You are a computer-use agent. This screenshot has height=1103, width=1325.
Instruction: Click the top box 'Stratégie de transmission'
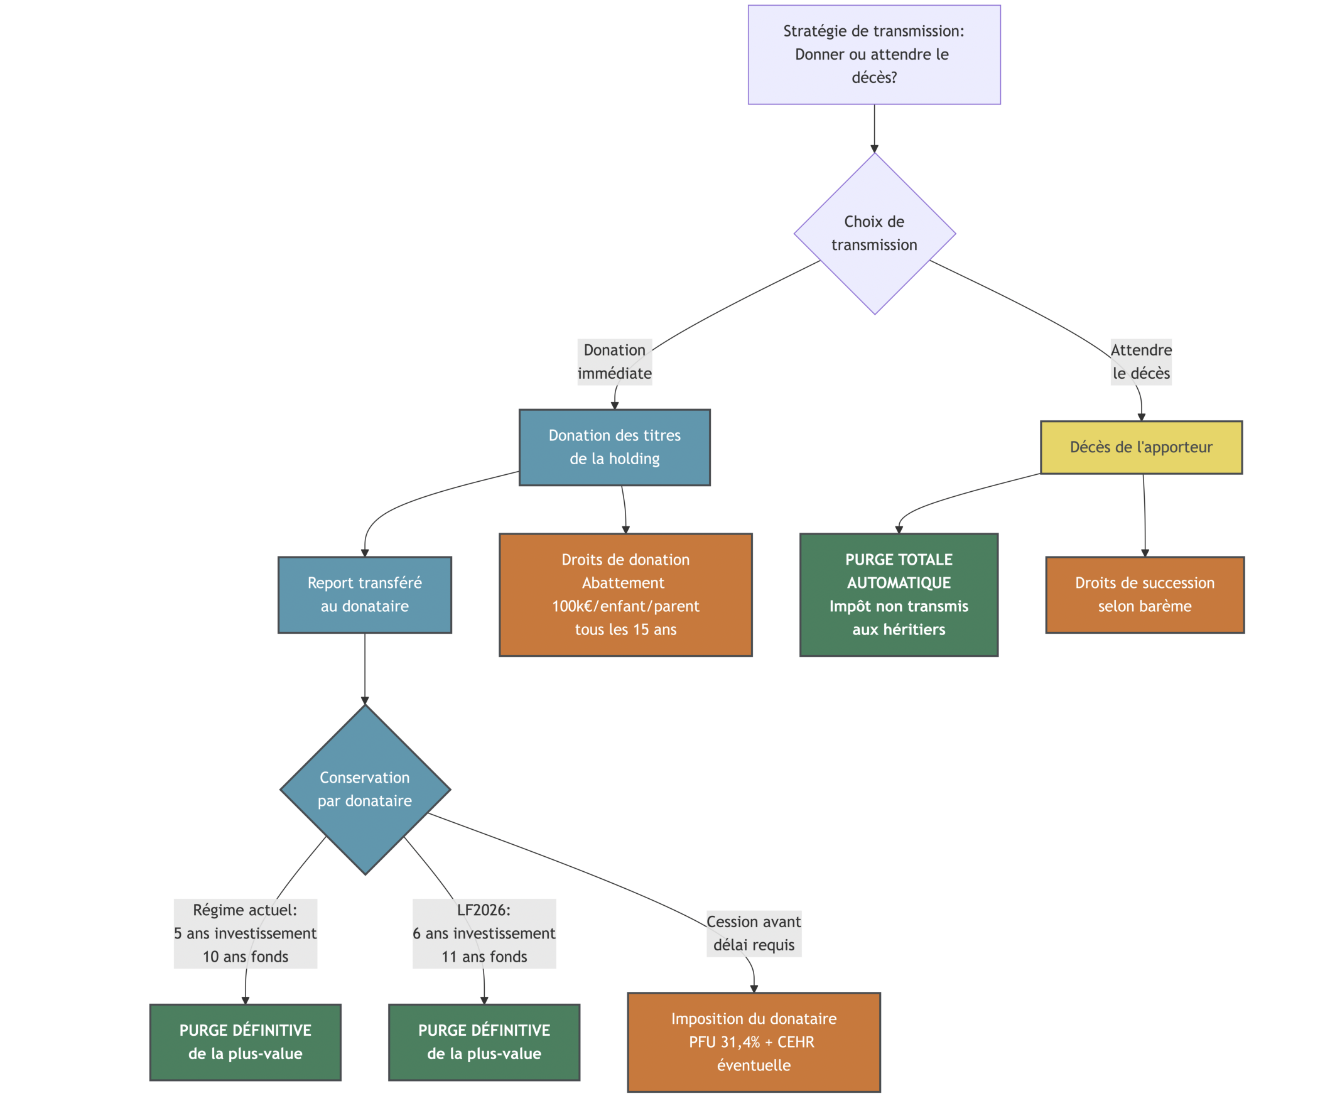(874, 55)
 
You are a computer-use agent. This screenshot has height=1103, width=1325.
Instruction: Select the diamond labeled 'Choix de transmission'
(874, 234)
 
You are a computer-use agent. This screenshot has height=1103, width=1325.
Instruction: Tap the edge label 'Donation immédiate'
(615, 362)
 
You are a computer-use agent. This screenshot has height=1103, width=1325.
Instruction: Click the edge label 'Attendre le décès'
(1141, 362)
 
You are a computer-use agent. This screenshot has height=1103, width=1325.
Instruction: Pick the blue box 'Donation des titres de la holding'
(615, 447)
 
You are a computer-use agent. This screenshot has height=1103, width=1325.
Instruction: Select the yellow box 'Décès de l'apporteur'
(1141, 447)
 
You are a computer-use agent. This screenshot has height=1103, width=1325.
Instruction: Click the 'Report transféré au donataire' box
(365, 594)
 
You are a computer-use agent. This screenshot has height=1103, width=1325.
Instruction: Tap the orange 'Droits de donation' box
(625, 594)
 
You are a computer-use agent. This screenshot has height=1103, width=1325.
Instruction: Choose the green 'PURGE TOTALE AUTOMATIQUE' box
(899, 594)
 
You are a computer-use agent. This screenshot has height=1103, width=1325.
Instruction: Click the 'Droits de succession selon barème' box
(1145, 594)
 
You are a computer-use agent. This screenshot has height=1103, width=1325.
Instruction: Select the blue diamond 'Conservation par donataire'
(365, 789)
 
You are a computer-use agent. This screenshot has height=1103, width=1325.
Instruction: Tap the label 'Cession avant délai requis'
(754, 933)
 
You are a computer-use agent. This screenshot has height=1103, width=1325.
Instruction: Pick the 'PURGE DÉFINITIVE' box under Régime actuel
(246, 1042)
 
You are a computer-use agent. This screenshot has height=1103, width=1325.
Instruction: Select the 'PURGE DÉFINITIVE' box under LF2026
(484, 1042)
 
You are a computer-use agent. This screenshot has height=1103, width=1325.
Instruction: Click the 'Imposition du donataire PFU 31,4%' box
(754, 1042)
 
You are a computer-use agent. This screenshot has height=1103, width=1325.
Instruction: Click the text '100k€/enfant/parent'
(625, 606)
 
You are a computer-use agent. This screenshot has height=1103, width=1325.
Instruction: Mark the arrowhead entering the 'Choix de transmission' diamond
(874, 148)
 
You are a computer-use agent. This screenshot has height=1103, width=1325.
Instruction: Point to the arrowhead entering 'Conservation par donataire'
(365, 700)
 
